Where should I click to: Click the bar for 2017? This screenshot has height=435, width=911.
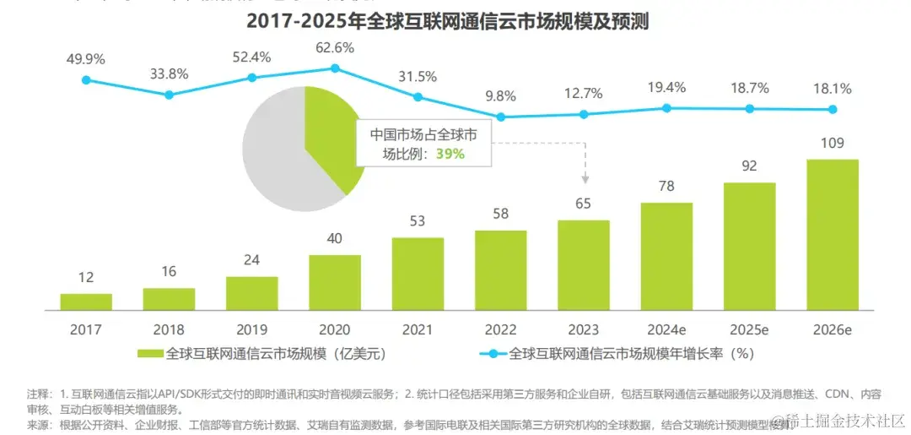86,301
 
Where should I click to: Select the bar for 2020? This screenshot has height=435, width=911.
335,281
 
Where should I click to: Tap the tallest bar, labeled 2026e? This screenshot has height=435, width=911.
832,233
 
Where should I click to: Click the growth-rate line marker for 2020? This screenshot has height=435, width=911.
335,68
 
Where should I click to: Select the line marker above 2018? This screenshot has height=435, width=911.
169,95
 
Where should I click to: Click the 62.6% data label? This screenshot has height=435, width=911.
335,47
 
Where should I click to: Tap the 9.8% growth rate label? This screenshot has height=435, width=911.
501,96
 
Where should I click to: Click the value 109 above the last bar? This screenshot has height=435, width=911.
832,143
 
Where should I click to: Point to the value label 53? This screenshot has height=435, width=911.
418,221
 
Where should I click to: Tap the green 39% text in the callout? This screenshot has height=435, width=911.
450,154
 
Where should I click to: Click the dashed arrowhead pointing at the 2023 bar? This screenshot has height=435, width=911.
585,180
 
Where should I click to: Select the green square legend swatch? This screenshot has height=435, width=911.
149,354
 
